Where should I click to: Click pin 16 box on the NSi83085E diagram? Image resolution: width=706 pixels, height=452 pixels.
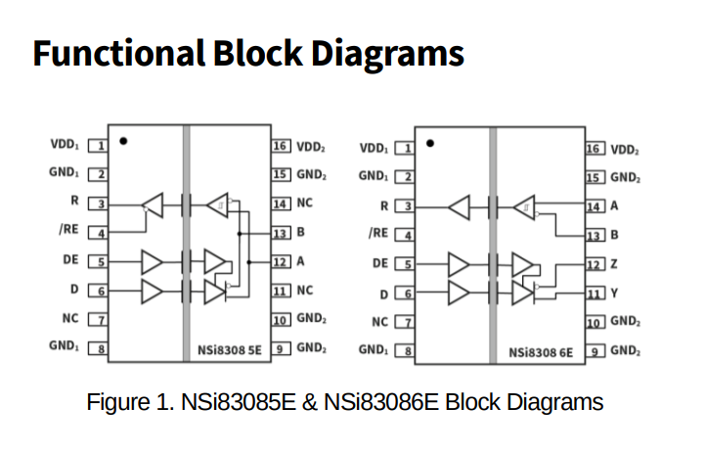tap(281, 146)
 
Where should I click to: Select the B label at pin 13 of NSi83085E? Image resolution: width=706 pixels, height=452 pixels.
tap(302, 233)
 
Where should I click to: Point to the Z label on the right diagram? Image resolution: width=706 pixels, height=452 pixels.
tap(614, 264)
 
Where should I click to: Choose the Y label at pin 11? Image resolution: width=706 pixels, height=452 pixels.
tap(614, 293)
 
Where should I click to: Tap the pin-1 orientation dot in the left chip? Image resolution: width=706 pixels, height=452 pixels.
tap(123, 141)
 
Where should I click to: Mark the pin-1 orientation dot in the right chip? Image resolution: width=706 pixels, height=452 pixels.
tap(430, 143)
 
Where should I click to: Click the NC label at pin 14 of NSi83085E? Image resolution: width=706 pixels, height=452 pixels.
tap(305, 203)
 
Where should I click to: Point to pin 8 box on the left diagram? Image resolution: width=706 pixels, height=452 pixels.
tap(98, 347)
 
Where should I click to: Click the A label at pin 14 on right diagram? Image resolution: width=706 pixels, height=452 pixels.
tap(614, 206)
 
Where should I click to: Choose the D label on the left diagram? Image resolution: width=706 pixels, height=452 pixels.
tap(74, 291)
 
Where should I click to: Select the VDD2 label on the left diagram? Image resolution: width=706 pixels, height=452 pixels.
tap(311, 146)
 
